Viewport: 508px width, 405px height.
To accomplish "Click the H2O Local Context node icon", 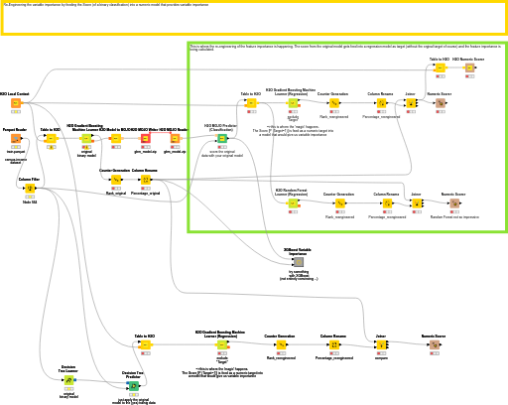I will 16,103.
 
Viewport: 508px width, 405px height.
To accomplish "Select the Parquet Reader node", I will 16,139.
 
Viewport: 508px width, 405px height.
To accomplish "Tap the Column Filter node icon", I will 30,188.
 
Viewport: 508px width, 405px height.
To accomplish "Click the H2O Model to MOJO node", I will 115,139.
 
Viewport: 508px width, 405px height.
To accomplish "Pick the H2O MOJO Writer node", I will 145,139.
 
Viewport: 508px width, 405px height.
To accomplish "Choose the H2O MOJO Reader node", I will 175,139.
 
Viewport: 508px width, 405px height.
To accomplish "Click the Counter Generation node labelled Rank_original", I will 115,180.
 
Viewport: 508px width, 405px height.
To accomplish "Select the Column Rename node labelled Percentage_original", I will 145,180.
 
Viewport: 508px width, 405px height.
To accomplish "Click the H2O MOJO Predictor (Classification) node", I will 221,140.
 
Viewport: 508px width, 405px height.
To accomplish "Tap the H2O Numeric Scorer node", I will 469,67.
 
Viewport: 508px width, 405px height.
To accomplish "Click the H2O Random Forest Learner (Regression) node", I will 293,202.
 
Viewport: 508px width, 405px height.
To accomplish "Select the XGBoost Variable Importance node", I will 284,261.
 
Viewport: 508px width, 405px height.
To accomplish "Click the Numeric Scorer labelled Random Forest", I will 454,203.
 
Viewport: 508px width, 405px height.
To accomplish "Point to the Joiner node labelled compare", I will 381,345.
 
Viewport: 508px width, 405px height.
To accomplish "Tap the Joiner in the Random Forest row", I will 417,203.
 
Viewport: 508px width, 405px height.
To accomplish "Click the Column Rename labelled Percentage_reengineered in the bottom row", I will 333,345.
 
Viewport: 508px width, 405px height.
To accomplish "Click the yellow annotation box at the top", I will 253,17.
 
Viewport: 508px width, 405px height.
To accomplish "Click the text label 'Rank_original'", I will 115,193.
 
